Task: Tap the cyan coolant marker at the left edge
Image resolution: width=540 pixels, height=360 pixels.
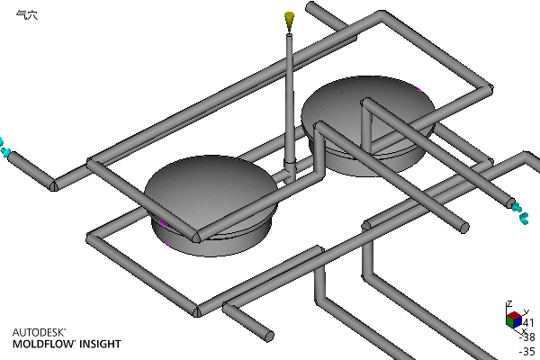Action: (x=4, y=145)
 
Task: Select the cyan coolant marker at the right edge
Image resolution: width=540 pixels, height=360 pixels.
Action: (x=521, y=212)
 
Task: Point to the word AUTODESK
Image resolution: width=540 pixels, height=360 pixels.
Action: (x=38, y=331)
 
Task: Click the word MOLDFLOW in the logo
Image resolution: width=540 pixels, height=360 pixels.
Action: (x=43, y=344)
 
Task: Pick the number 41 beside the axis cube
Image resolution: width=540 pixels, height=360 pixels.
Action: (x=528, y=322)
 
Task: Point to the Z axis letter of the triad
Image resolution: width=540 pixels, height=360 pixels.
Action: (x=508, y=303)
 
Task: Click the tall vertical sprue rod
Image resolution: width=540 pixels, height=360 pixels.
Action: (x=289, y=99)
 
